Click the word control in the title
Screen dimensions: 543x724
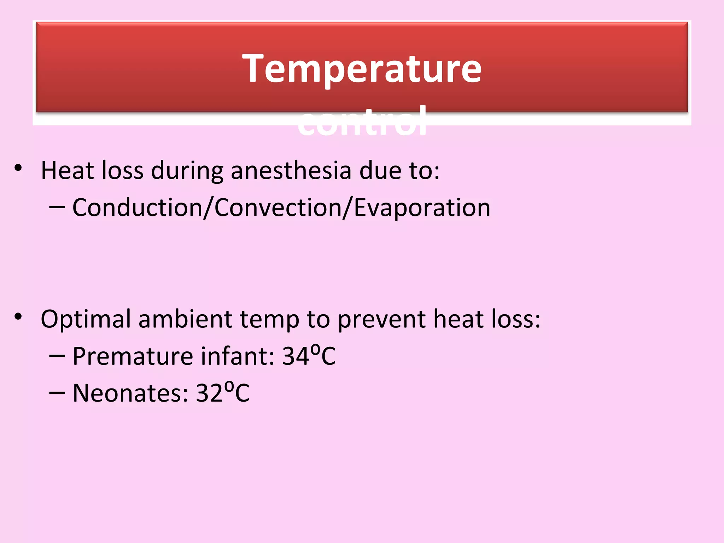click(x=362, y=122)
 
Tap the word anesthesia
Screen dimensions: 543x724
click(x=291, y=171)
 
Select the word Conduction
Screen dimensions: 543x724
click(x=138, y=208)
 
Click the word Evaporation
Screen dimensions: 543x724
click(x=422, y=208)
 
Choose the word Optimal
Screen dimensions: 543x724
click(x=86, y=320)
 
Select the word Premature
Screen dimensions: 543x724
click(x=133, y=356)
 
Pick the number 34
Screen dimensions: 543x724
click(x=296, y=356)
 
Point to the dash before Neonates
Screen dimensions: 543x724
click(x=57, y=393)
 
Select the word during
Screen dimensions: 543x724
click(x=187, y=171)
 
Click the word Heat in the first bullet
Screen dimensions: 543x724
click(x=67, y=171)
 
